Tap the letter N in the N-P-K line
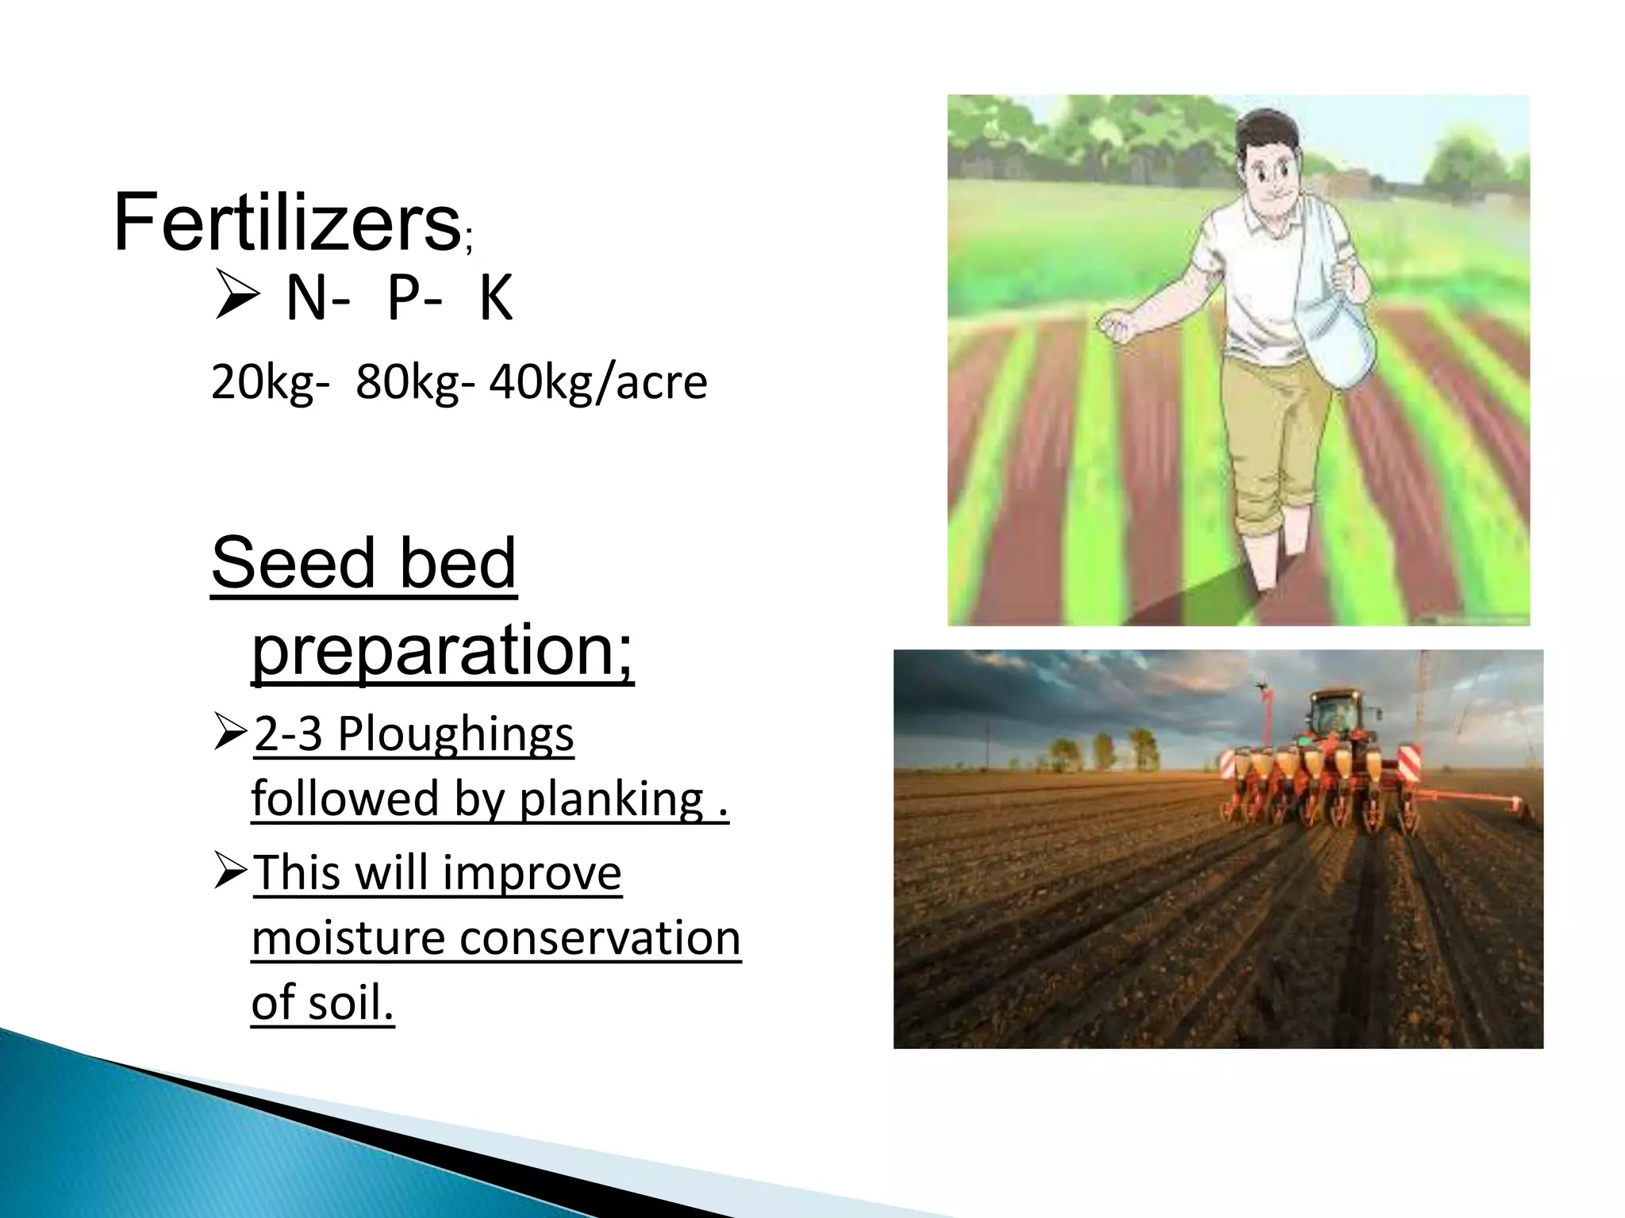tap(307, 300)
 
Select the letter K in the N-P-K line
tap(496, 300)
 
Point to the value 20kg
tap(263, 383)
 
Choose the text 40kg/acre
tap(597, 383)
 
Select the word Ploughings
tap(455, 735)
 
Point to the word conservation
tap(600, 938)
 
